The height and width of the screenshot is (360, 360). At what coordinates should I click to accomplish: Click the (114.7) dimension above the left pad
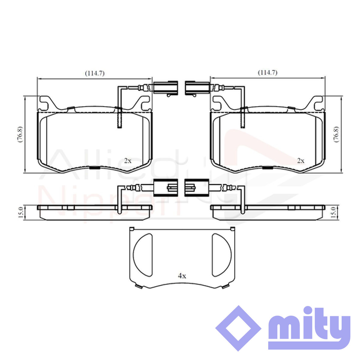95,73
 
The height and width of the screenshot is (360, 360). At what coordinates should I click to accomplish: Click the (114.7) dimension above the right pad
268,73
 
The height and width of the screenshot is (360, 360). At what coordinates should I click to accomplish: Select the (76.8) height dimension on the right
336,134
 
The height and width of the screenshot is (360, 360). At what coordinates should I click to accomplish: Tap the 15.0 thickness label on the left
21,212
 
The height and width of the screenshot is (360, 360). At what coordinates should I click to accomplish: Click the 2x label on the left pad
128,161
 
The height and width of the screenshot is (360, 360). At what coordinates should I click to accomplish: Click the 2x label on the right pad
301,161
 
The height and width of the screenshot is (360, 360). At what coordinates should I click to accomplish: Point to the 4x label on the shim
182,281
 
